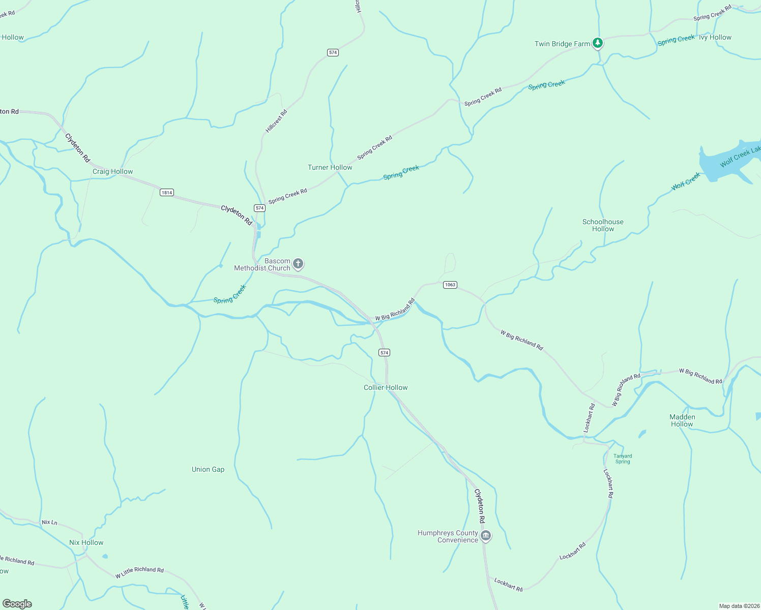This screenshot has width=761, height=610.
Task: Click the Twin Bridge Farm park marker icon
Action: tap(598, 43)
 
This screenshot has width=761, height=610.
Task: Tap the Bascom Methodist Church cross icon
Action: tap(299, 264)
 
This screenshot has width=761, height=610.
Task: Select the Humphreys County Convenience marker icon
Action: tap(486, 536)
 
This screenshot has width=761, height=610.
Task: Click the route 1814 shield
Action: tap(167, 192)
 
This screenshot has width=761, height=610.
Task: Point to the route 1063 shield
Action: tap(450, 285)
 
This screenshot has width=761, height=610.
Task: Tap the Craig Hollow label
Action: tap(112, 172)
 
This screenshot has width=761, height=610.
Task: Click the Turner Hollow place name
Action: tap(330, 167)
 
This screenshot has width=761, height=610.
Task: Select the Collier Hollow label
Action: tap(386, 387)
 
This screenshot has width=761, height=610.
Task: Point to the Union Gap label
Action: tap(208, 469)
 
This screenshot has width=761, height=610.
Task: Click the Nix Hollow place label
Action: tap(86, 542)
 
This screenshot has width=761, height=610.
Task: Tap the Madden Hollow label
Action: tap(682, 420)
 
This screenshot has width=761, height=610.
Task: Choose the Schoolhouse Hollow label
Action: tap(603, 225)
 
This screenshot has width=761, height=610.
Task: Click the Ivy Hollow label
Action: tap(715, 37)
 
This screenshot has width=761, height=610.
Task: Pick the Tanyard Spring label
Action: tap(623, 459)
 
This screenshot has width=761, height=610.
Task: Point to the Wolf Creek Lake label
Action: tap(740, 157)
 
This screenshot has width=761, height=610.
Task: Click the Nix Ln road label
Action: tap(49, 522)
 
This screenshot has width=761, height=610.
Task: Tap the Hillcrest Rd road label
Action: tap(276, 121)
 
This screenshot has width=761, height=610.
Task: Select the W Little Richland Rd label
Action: tap(139, 572)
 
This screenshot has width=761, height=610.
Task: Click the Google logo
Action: tap(17, 604)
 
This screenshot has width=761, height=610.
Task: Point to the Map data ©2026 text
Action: tap(738, 606)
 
